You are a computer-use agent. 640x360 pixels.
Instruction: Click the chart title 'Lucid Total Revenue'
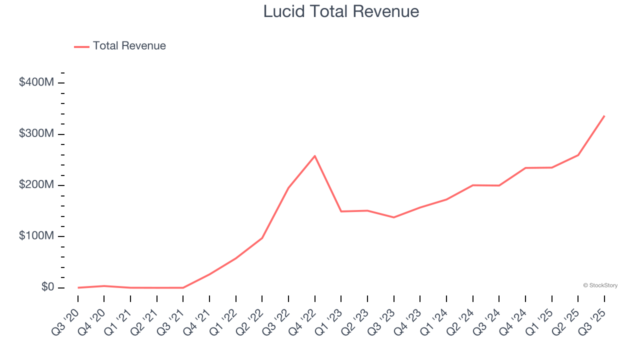(341, 11)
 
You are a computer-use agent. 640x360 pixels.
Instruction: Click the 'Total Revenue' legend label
(129, 46)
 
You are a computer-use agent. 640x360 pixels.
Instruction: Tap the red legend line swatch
(81, 46)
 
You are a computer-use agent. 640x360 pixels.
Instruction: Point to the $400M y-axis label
(36, 82)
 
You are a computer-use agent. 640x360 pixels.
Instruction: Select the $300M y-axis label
(36, 133)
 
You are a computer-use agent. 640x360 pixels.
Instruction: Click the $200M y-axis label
(36, 185)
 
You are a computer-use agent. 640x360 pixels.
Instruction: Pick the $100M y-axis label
(36, 236)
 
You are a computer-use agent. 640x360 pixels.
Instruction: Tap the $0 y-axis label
(47, 287)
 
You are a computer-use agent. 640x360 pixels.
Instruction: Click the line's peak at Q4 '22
(314, 156)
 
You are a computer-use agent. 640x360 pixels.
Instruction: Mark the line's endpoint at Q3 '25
(604, 116)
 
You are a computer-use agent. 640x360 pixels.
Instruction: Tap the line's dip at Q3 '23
(393, 217)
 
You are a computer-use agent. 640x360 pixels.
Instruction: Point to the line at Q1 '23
(341, 211)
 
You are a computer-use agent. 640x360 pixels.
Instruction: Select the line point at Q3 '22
(288, 188)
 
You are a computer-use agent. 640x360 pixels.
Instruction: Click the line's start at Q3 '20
(78, 287)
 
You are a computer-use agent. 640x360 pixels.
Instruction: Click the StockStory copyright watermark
(600, 285)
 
